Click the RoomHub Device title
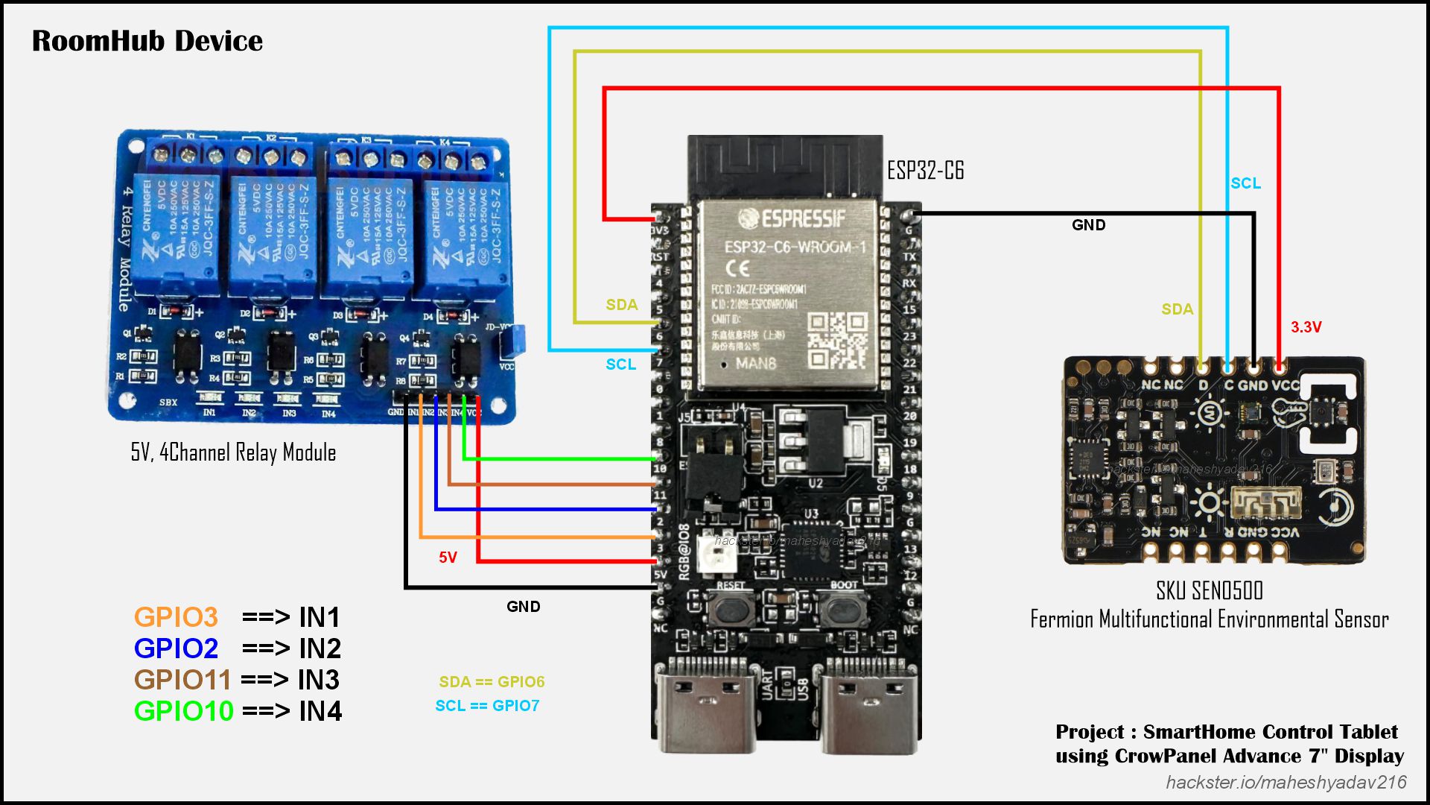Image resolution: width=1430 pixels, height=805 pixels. pos(147,41)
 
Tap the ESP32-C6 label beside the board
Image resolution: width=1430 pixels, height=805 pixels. pos(925,171)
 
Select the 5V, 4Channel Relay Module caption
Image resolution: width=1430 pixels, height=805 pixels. pos(233,452)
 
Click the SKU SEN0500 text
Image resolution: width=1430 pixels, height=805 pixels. pos(1209,591)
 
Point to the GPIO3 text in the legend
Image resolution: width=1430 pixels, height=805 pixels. pos(176,617)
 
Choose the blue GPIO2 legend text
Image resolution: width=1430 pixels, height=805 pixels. pos(176,648)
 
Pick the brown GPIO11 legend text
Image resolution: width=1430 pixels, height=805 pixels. pos(182,680)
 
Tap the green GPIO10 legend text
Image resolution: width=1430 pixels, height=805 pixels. pos(183,711)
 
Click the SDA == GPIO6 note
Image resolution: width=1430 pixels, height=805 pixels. pos(492,682)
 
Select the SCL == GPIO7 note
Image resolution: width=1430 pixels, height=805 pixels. pos(487,706)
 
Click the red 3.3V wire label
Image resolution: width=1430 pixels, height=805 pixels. pos(1306,327)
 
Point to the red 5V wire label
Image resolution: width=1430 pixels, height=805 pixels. pos(448,558)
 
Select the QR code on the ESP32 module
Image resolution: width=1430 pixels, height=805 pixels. pos(838,341)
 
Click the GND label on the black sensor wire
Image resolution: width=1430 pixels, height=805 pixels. pos(1088,225)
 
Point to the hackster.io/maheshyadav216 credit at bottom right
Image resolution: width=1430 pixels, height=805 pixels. pos(1286,782)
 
